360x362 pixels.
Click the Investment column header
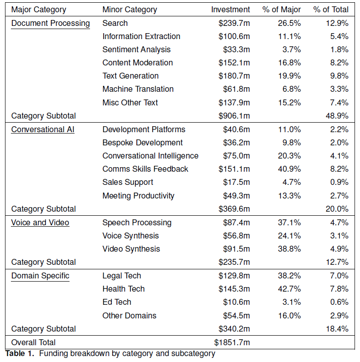click(x=230, y=10)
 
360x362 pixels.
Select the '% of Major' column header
click(x=282, y=10)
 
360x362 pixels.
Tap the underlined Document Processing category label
click(x=50, y=23)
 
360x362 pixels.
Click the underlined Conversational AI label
click(x=43, y=129)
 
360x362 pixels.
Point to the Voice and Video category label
click(x=40, y=223)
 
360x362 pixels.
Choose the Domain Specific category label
click(x=40, y=276)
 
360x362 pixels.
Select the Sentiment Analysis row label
click(x=136, y=50)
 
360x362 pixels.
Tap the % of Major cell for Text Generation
click(x=289, y=76)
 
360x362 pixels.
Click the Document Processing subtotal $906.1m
click(x=234, y=116)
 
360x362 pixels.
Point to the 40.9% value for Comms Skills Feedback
click(x=289, y=169)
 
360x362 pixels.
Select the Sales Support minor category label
click(x=128, y=182)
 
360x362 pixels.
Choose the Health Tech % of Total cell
click(x=339, y=289)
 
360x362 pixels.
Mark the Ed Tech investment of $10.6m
click(x=236, y=302)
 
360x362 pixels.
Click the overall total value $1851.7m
click(x=232, y=342)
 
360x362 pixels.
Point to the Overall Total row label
click(x=34, y=342)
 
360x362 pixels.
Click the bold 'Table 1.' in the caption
click(x=20, y=353)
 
